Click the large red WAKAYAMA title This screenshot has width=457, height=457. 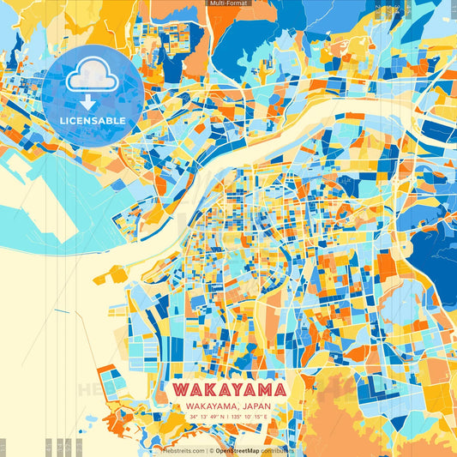pyautogui.click(x=228, y=389)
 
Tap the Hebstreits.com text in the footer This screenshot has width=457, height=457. pyautogui.click(x=179, y=450)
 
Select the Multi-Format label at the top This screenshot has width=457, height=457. pyautogui.click(x=228, y=3)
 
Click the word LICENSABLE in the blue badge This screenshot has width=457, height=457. pyautogui.click(x=93, y=121)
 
